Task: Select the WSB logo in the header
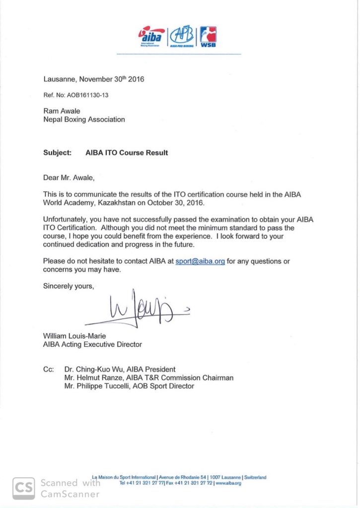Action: pos(208,36)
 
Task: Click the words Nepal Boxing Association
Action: pos(84,120)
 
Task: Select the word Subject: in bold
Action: pos(57,153)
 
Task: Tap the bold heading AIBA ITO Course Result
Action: pos(127,153)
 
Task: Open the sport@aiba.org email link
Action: pos(200,261)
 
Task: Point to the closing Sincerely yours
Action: pos(68,286)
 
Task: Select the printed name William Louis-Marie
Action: pos(74,336)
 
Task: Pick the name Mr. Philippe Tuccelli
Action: pos(96,386)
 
